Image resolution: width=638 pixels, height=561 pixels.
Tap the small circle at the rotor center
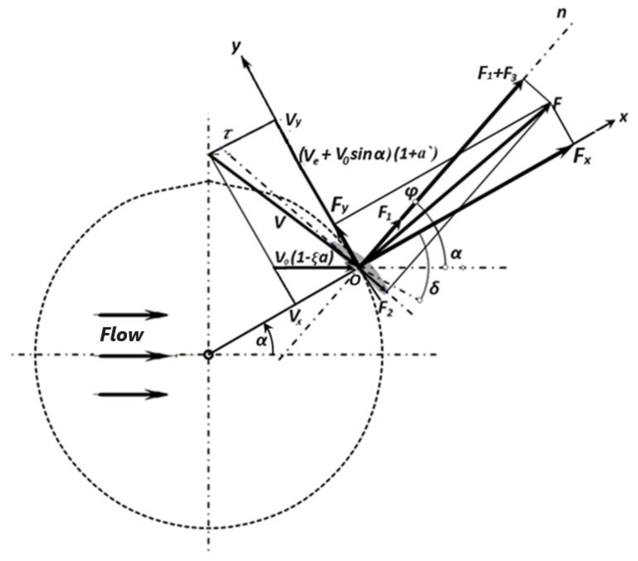pos(208,355)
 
